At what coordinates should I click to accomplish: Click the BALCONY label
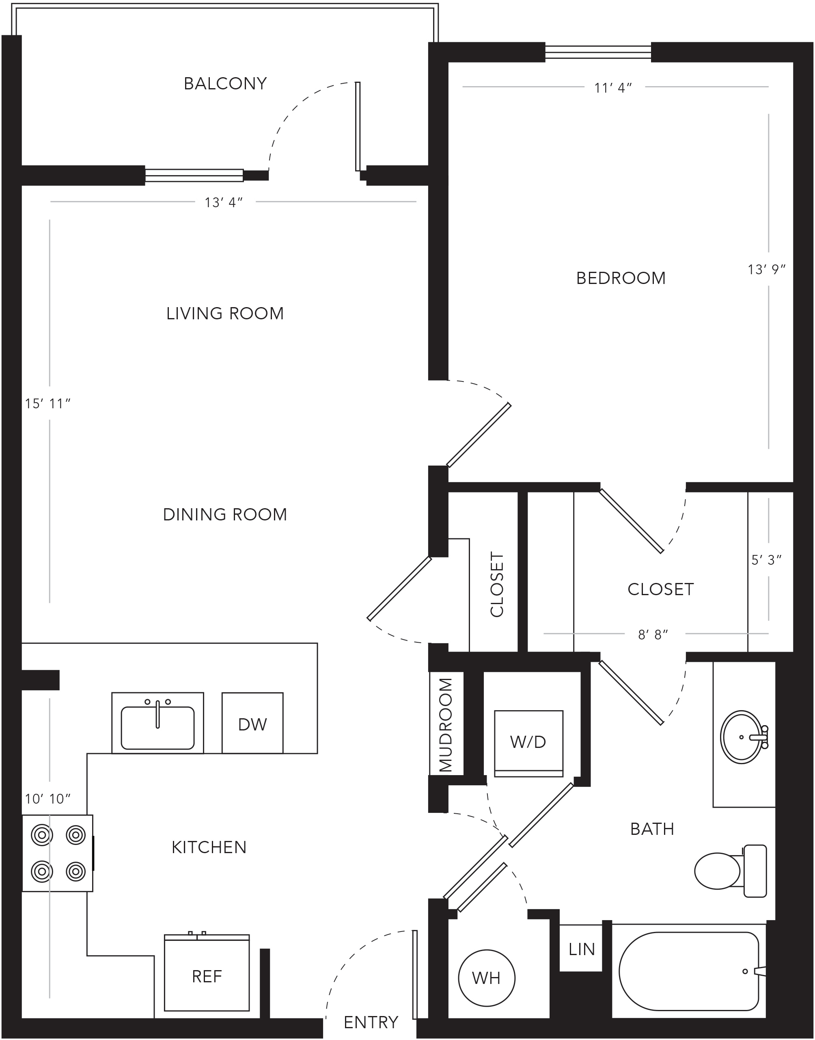click(225, 84)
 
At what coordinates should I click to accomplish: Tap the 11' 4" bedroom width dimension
click(613, 88)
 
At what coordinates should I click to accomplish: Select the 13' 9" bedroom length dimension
click(766, 270)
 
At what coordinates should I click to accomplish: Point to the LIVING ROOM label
click(225, 314)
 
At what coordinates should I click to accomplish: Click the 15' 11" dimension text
click(48, 403)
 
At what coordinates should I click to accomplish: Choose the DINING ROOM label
click(225, 515)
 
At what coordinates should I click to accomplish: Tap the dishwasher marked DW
click(252, 724)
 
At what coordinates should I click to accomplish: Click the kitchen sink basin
click(158, 728)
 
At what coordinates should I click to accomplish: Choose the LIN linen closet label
click(582, 950)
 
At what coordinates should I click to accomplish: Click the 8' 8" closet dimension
click(653, 635)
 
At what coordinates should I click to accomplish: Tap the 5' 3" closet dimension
click(766, 560)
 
